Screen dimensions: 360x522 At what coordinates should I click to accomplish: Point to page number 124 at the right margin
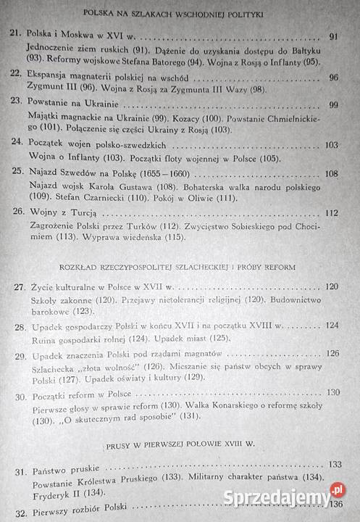tap(332, 326)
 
